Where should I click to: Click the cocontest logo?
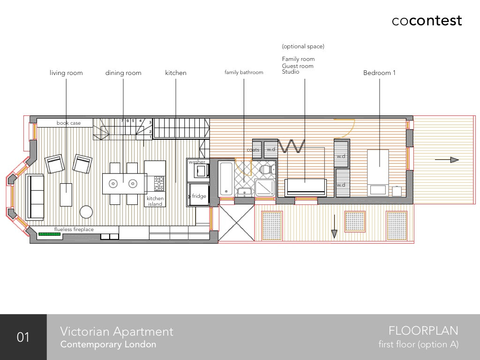(x=427, y=21)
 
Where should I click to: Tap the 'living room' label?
(x=66, y=73)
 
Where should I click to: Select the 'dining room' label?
(x=123, y=73)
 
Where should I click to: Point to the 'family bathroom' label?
(x=244, y=72)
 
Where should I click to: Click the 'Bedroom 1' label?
(x=379, y=73)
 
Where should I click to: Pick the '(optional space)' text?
(x=303, y=46)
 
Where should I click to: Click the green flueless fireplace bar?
(x=50, y=234)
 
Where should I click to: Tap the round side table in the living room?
(x=86, y=212)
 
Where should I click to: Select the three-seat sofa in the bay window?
(x=35, y=197)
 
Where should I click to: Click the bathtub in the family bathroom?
(x=226, y=179)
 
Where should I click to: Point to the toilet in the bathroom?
(x=267, y=169)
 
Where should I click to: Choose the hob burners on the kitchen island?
(x=159, y=183)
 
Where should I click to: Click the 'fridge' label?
(x=199, y=196)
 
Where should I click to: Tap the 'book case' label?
(x=68, y=123)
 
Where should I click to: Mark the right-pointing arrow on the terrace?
(x=447, y=160)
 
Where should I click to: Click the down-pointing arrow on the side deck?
(x=334, y=226)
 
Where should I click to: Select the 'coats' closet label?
(x=253, y=150)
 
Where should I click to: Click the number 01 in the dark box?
(x=23, y=337)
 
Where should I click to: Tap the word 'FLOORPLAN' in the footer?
(x=423, y=331)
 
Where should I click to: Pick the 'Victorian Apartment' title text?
(x=117, y=331)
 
